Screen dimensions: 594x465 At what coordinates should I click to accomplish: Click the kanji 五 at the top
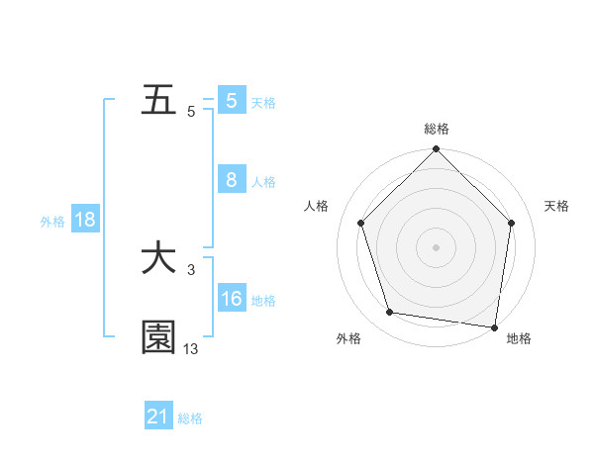[x=160, y=101]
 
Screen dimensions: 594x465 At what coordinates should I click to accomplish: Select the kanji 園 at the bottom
[x=159, y=337]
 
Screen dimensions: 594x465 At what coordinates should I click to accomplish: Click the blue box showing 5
[x=231, y=101]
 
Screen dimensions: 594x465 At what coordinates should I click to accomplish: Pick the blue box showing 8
[x=231, y=180]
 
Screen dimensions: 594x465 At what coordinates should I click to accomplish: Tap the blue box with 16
[x=231, y=299]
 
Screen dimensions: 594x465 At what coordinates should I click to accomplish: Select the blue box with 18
[x=84, y=220]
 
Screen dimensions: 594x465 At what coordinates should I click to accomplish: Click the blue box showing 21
[x=158, y=417]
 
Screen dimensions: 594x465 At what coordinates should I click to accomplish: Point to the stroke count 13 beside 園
[x=190, y=348]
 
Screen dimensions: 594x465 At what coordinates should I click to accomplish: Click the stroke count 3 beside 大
[x=190, y=269]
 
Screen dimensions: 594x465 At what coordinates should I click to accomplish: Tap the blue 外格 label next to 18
[x=52, y=222]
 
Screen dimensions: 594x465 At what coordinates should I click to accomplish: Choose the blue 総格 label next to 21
[x=190, y=418]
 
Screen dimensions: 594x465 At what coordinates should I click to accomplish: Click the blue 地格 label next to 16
[x=263, y=301]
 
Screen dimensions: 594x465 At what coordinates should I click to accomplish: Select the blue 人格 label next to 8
[x=263, y=182]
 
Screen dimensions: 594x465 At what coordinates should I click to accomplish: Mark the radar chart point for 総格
[x=436, y=150]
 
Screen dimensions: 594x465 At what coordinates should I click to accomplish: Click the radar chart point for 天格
[x=512, y=223]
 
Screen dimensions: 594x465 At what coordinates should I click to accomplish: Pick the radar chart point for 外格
[x=390, y=313]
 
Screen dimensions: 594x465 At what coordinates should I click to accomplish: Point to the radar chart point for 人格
[x=360, y=223]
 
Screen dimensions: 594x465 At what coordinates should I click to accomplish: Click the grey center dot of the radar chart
[x=436, y=246]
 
